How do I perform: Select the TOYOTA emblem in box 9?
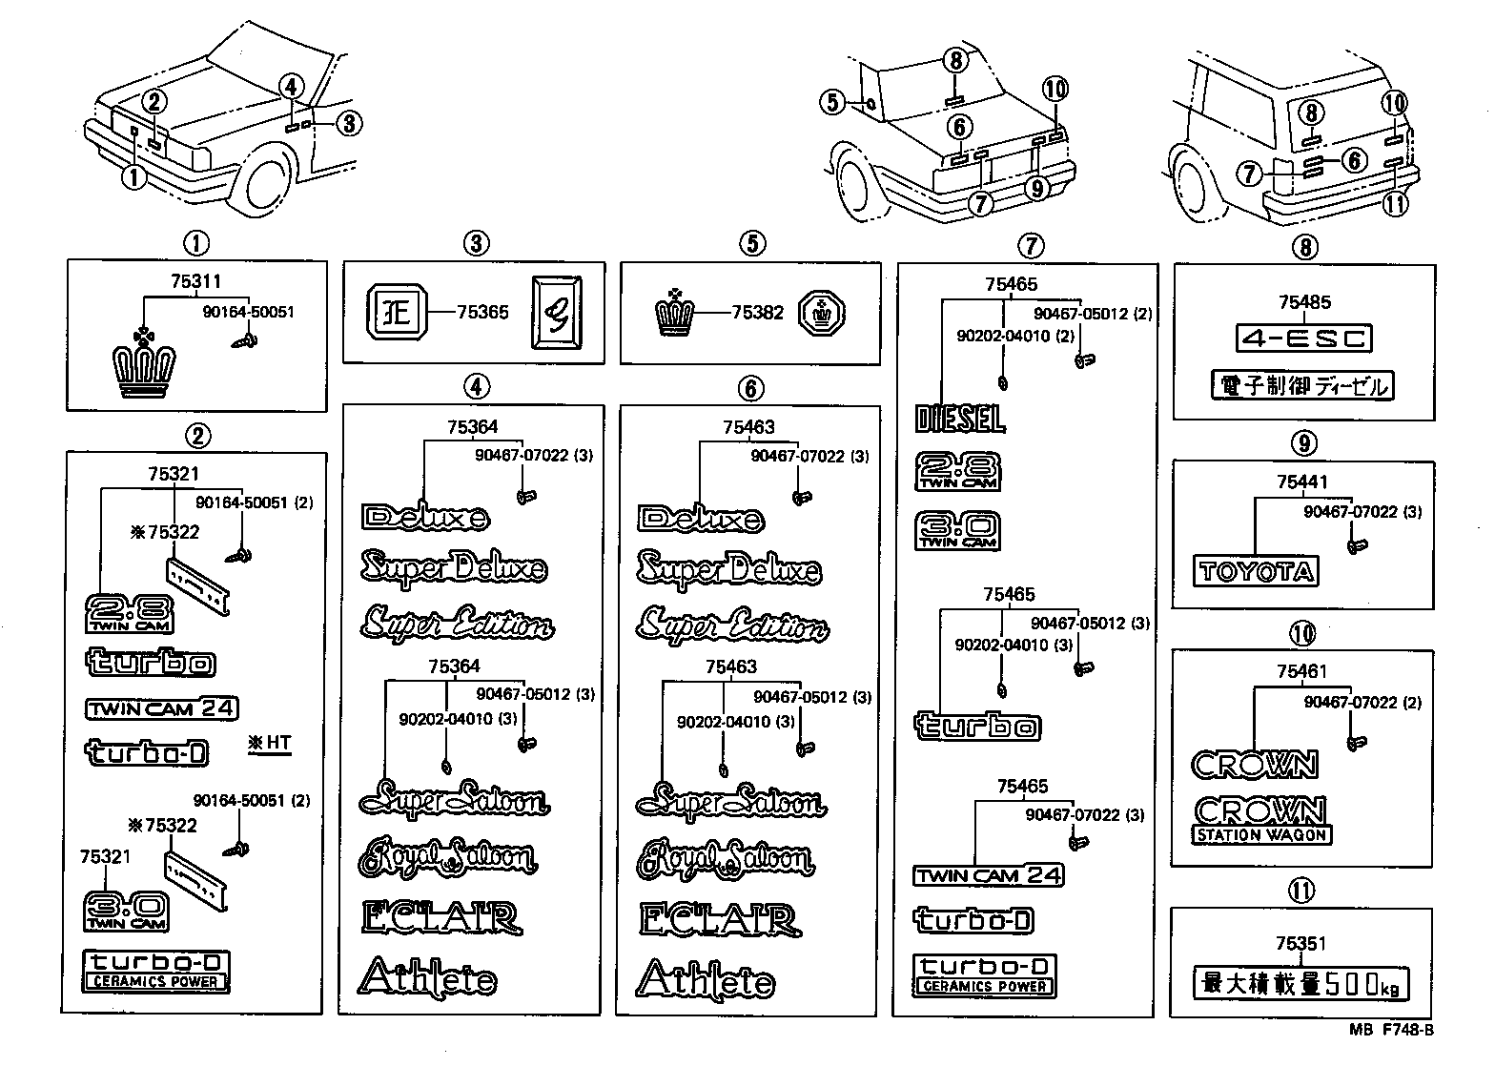[1256, 571]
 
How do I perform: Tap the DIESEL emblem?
[959, 419]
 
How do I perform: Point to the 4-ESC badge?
[1303, 338]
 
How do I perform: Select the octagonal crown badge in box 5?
[823, 313]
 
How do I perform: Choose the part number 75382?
[757, 313]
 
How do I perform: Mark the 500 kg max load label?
[1300, 983]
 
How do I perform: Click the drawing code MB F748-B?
[1391, 1030]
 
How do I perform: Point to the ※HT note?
[269, 742]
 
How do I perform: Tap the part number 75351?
[1301, 944]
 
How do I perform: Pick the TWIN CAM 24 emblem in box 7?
[988, 875]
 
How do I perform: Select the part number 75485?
[1303, 302]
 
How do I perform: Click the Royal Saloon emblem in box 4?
[446, 857]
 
